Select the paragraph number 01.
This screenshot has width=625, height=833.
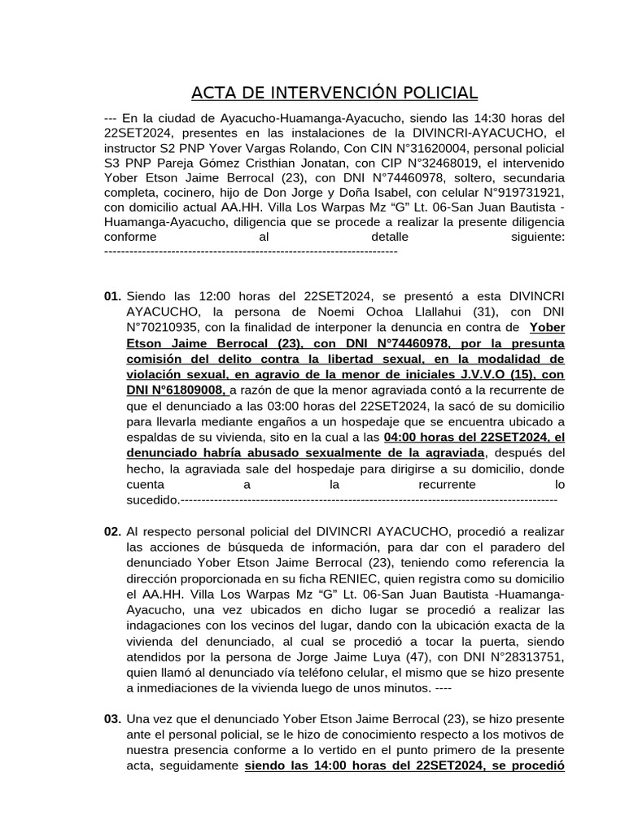point(113,298)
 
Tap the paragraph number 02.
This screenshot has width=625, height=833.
point(113,532)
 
